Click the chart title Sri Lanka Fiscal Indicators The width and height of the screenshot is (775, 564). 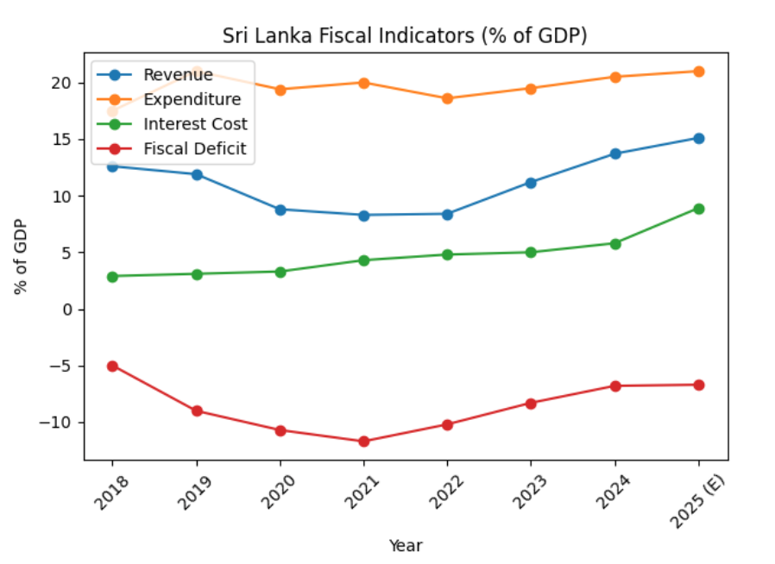pyautogui.click(x=405, y=35)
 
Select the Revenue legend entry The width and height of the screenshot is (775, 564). pyautogui.click(x=178, y=74)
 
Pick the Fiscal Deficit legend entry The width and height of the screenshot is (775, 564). pyautogui.click(x=194, y=148)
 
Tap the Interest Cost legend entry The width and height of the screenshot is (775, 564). pyautogui.click(x=195, y=123)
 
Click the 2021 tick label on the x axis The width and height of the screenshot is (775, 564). pyautogui.click(x=362, y=490)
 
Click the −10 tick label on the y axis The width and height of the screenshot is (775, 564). pyautogui.click(x=64, y=423)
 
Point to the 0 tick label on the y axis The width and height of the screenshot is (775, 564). pyautogui.click(x=77, y=310)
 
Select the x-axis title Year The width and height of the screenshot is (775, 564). pyautogui.click(x=405, y=545)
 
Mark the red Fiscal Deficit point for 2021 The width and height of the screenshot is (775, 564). pyautogui.click(x=363, y=442)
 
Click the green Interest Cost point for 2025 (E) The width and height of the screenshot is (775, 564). pyautogui.click(x=698, y=209)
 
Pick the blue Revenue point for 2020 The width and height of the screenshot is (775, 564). pyautogui.click(x=280, y=210)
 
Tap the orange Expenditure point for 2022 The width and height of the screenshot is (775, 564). pyautogui.click(x=447, y=98)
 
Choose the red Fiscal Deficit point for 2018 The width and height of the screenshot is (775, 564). pyautogui.click(x=112, y=366)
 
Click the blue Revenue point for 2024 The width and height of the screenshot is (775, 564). pyautogui.click(x=615, y=154)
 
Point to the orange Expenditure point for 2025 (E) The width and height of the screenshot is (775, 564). pyautogui.click(x=698, y=72)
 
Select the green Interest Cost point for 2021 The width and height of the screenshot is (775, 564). pyautogui.click(x=363, y=260)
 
